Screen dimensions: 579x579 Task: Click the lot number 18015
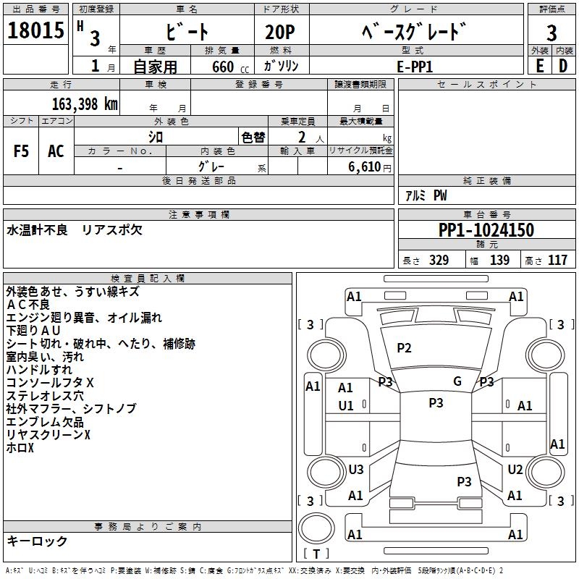tap(35, 30)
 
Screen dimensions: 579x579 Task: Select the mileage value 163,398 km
tap(85, 104)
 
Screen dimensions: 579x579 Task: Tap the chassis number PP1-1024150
tap(486, 229)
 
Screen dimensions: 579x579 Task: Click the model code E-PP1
tap(414, 67)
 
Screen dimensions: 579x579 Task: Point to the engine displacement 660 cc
tap(230, 67)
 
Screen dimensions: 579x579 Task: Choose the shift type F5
tap(21, 151)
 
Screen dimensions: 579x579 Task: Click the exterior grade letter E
tap(540, 66)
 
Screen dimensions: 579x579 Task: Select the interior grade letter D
tap(563, 66)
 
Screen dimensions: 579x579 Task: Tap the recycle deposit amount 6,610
tap(364, 167)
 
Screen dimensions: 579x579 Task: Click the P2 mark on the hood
tap(404, 348)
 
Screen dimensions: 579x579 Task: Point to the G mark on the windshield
tap(457, 381)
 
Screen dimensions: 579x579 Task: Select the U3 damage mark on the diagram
tap(356, 469)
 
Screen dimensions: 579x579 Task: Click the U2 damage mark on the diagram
tap(515, 469)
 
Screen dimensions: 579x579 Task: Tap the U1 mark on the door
tap(346, 406)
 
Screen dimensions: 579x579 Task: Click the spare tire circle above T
tap(316, 528)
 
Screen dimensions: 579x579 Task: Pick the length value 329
tap(439, 261)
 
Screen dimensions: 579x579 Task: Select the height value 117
tap(557, 261)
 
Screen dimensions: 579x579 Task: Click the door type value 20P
tap(280, 32)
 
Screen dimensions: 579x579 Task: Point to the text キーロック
tap(37, 541)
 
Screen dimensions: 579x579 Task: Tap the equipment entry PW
tap(440, 195)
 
